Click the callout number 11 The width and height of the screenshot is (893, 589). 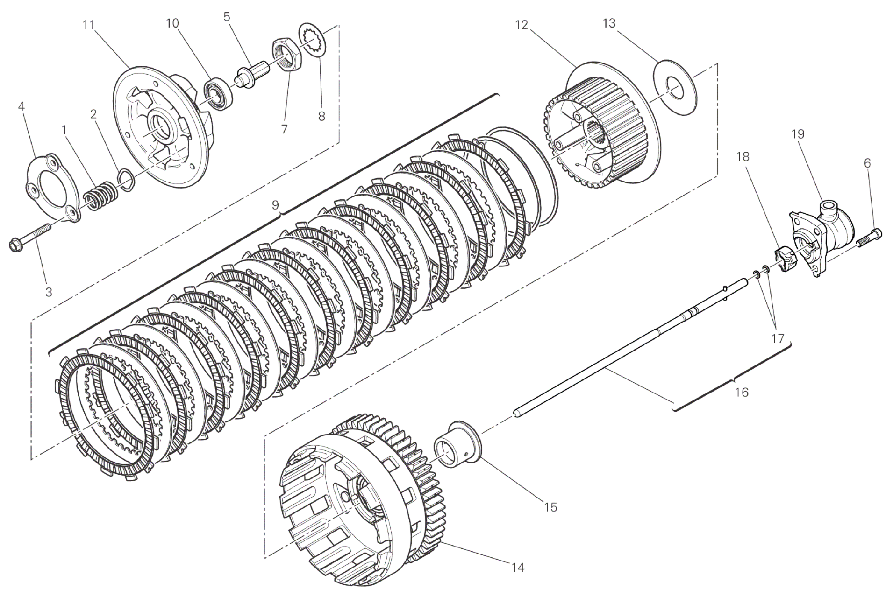pyautogui.click(x=89, y=25)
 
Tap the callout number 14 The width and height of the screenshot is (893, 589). pyautogui.click(x=517, y=568)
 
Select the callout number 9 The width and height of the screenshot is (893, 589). pyautogui.click(x=275, y=204)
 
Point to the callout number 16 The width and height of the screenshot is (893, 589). pyautogui.click(x=742, y=392)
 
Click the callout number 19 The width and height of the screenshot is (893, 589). pyautogui.click(x=798, y=134)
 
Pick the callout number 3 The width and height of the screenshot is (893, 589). pyautogui.click(x=49, y=292)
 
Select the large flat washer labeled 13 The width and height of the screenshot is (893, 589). pyautogui.click(x=674, y=88)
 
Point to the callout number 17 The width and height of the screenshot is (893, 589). pyautogui.click(x=777, y=338)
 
